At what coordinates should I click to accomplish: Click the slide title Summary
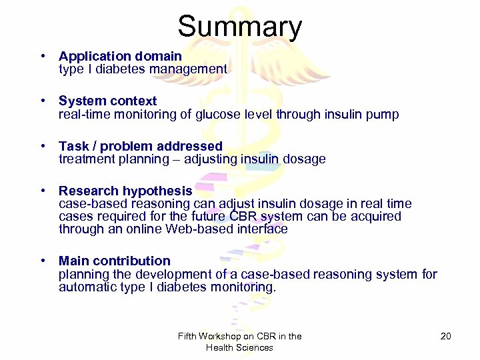239,27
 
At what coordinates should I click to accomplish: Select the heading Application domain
120,57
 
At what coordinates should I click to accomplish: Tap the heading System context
107,101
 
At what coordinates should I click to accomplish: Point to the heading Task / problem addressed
140,146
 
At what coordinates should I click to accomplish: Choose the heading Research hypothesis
125,191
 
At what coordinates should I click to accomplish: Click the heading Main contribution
114,261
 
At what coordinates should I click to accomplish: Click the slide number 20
446,337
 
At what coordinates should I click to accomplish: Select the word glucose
217,115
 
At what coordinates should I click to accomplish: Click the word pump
383,115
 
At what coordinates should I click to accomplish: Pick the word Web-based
193,229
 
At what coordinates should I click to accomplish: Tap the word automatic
85,287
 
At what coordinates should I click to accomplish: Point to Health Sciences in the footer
239,347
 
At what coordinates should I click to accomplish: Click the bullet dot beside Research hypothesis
42,191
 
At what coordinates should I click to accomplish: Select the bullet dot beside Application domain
42,57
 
